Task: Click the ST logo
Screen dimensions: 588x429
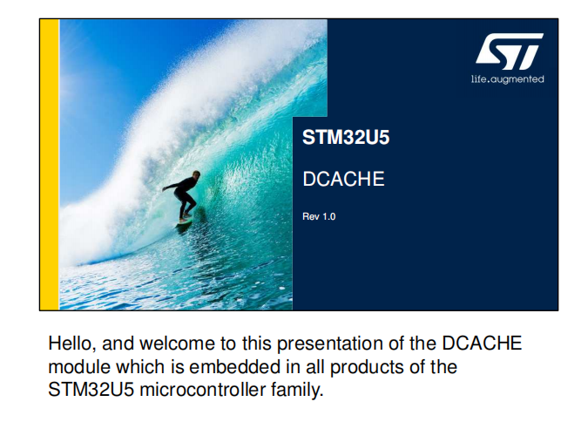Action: [510, 51]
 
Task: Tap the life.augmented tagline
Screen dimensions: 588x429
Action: [507, 79]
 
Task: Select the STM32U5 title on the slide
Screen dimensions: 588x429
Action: [346, 137]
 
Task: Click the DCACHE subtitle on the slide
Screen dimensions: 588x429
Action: [343, 179]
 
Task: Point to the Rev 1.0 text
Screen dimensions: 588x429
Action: [319, 216]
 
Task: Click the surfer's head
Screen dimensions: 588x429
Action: [195, 175]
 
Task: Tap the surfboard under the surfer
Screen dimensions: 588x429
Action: [184, 222]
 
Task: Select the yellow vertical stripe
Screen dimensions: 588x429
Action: [49, 165]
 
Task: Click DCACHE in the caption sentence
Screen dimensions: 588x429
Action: [482, 343]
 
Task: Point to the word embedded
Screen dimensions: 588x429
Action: [234, 367]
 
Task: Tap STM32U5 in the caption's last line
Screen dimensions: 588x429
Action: [91, 390]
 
